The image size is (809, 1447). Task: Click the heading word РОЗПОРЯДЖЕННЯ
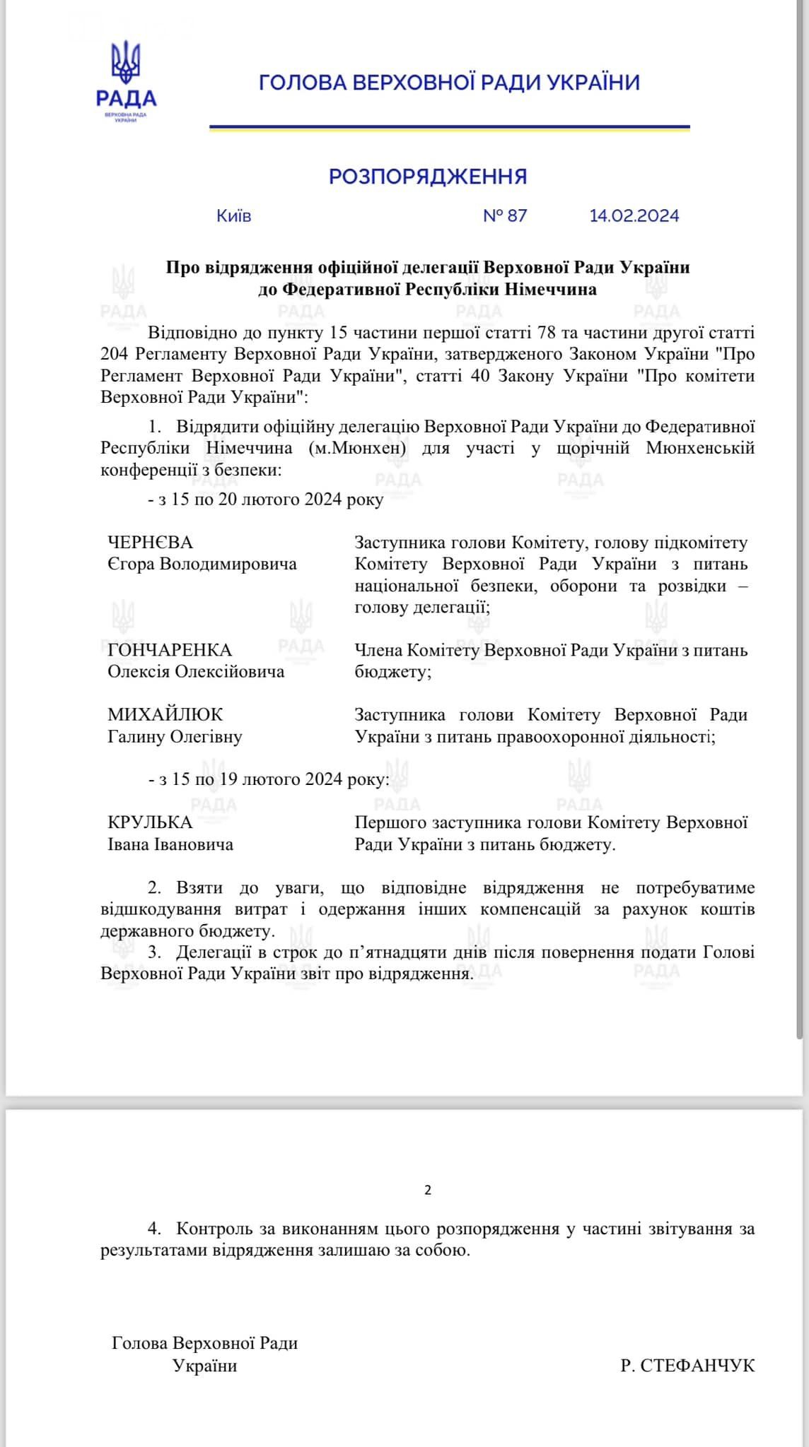point(428,176)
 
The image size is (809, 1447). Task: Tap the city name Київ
point(234,215)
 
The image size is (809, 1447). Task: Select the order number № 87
point(505,215)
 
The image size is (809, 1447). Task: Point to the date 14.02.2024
point(634,215)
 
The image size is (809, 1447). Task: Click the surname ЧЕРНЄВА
point(150,543)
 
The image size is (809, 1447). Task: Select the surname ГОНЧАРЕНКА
point(170,650)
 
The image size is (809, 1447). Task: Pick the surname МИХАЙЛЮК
point(165,714)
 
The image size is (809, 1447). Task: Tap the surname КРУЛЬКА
point(150,822)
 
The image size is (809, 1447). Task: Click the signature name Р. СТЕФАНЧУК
point(687,1365)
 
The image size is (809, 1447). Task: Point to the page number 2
point(428,1190)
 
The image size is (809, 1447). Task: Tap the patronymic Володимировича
point(228,564)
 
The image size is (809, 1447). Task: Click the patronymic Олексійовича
point(230,671)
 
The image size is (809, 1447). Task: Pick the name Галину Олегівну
point(175,736)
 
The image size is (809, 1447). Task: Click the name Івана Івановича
point(170,844)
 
